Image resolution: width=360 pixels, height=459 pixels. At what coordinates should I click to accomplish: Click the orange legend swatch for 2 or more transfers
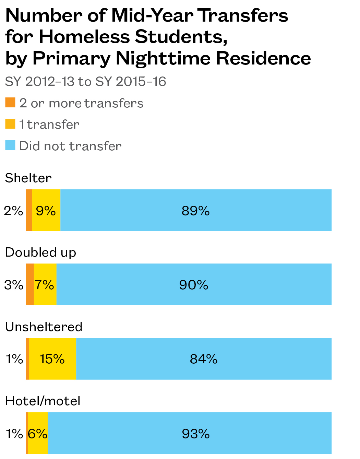(10, 103)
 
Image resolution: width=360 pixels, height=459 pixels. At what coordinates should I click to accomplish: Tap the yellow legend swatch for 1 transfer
(10, 124)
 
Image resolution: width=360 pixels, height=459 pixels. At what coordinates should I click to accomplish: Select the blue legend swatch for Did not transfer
(10, 145)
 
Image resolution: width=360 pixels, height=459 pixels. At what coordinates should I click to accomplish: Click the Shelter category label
(28, 178)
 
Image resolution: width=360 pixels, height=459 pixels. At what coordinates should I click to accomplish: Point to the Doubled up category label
(40, 252)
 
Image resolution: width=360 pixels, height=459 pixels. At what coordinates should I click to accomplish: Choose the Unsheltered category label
(44, 327)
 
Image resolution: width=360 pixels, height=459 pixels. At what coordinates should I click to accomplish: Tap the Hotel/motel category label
(43, 401)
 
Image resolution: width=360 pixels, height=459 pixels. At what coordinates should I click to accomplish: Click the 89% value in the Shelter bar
(195, 211)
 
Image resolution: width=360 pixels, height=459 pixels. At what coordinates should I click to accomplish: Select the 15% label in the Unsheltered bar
(52, 359)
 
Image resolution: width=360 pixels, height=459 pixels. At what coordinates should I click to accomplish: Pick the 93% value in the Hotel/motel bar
(195, 434)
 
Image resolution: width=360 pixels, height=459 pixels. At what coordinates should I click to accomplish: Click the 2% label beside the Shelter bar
(13, 211)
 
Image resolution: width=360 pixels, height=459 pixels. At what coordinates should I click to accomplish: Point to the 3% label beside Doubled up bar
(14, 285)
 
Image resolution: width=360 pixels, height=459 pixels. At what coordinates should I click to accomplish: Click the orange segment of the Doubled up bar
(30, 284)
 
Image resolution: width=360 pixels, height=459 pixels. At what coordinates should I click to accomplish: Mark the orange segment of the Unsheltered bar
(27, 359)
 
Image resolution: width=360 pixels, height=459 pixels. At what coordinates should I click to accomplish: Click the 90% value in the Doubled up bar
(194, 285)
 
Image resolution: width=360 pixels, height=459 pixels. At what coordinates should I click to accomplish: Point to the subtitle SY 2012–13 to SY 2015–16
(85, 82)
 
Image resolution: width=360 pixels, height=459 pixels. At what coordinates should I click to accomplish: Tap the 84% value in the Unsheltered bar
(204, 359)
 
